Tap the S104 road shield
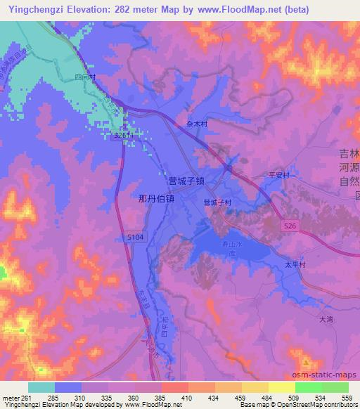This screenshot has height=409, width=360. tap(136, 239)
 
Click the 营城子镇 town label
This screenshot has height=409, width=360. tap(186, 181)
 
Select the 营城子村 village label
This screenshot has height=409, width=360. tap(218, 202)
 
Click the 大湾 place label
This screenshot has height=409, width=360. tap(326, 318)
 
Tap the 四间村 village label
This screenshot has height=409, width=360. tap(84, 76)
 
